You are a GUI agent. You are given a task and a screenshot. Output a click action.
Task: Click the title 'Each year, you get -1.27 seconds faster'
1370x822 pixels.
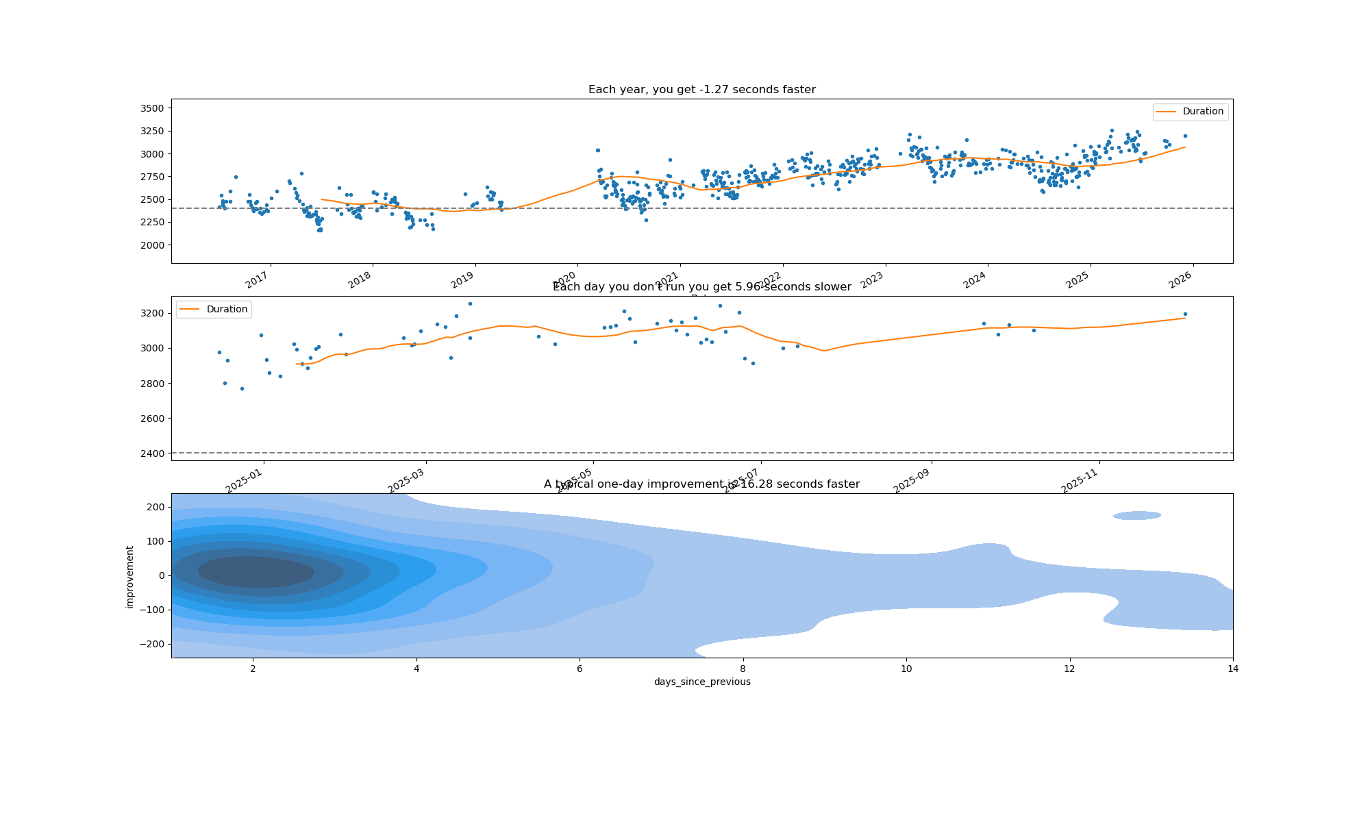click(x=701, y=90)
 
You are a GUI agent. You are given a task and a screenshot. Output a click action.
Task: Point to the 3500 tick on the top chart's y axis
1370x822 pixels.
click(x=152, y=108)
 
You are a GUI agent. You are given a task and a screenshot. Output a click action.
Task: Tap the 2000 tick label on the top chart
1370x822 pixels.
click(x=152, y=245)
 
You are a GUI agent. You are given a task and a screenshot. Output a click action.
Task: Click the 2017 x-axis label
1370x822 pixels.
click(x=258, y=279)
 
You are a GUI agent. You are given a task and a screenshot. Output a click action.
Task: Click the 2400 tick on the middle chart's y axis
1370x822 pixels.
click(x=152, y=453)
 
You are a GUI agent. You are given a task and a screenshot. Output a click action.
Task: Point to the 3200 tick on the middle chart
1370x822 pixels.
click(x=152, y=314)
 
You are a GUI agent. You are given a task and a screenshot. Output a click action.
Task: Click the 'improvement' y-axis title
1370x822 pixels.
click(x=130, y=576)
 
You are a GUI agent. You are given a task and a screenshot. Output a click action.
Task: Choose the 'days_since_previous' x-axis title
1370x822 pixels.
click(x=702, y=682)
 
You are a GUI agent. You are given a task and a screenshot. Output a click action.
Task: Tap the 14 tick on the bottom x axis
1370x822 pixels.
click(x=1233, y=669)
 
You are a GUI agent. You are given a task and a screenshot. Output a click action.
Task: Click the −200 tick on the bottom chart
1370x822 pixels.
click(x=152, y=644)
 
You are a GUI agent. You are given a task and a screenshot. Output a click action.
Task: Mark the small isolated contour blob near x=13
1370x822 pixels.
click(x=1137, y=515)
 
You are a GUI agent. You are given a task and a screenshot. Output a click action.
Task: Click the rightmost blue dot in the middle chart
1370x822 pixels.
click(x=1185, y=314)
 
